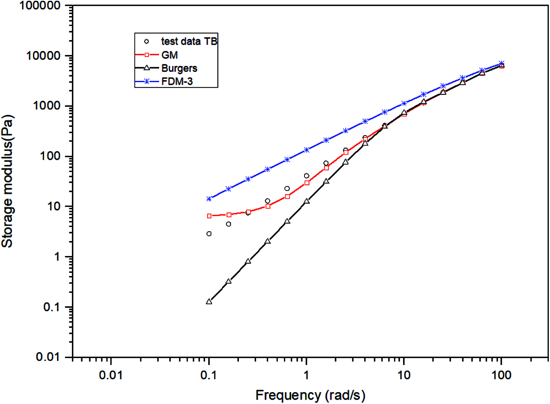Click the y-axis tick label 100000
tap(40, 6)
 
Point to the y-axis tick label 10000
tap(43, 56)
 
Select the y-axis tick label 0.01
tap(48, 357)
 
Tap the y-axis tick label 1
tap(57, 257)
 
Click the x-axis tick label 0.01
tap(111, 375)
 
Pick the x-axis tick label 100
tap(501, 375)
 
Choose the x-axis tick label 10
tap(404, 375)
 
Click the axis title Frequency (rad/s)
tap(310, 395)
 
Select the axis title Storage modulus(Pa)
tap(7, 181)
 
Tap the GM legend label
tap(169, 55)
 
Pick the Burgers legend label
tap(179, 68)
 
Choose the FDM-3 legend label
tap(177, 82)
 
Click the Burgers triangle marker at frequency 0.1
tap(209, 302)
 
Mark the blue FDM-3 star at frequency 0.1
tap(209, 199)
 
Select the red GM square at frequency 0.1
tap(209, 216)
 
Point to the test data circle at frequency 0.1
tap(209, 234)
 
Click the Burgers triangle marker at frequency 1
tap(306, 201)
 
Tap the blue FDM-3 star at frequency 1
tap(306, 150)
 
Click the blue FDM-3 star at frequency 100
tap(501, 63)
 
